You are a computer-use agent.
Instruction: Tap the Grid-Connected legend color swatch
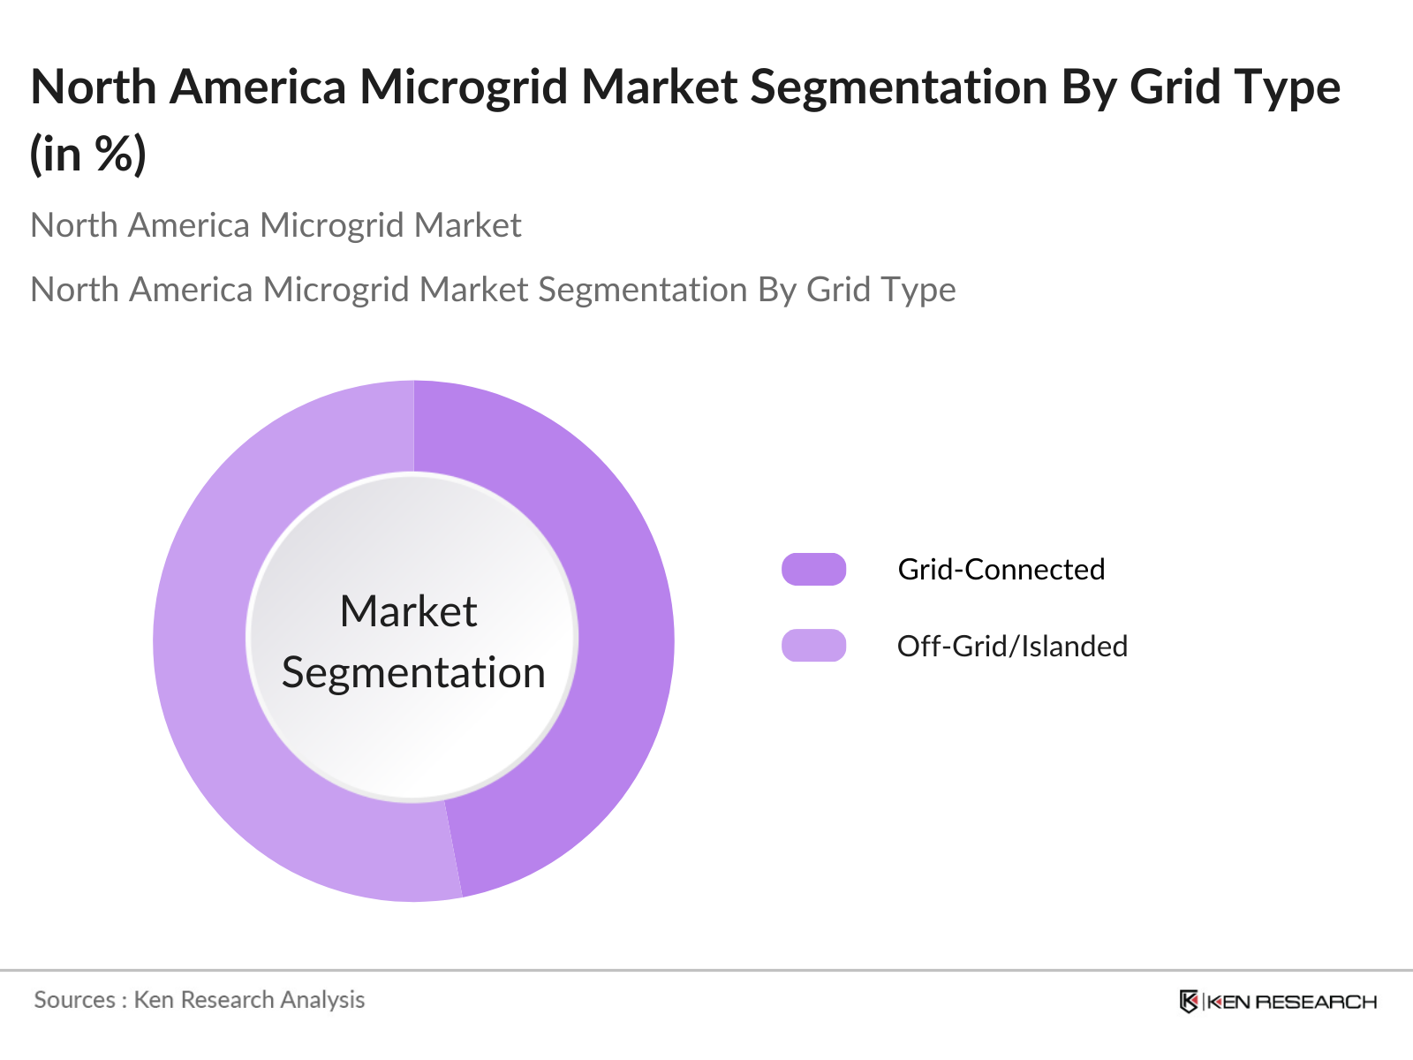click(x=813, y=570)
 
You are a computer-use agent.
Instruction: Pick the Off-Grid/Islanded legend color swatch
click(x=813, y=646)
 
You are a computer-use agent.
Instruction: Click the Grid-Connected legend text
click(x=1001, y=570)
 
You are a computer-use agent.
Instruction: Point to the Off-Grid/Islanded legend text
click(x=1012, y=647)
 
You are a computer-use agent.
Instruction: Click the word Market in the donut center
click(x=408, y=611)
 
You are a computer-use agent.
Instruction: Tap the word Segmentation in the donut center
click(x=413, y=673)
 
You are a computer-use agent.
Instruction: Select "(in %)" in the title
click(x=88, y=155)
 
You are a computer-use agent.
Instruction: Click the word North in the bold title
click(x=93, y=87)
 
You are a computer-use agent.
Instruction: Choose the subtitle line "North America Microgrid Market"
click(x=276, y=226)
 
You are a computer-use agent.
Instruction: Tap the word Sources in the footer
click(x=75, y=1000)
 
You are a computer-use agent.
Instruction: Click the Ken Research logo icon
click(x=1189, y=1002)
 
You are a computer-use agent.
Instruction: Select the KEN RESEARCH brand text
click(x=1291, y=1002)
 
